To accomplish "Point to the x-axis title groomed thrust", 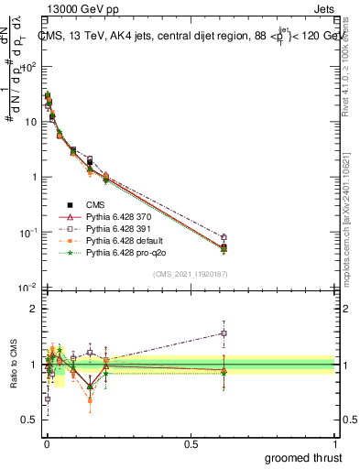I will click(305, 457).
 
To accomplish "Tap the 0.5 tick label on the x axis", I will click(191, 444).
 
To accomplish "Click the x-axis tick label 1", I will click(336, 444).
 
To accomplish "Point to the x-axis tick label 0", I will click(46, 444).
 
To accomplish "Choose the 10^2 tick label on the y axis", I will click(27, 66).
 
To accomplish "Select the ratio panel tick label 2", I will click(32, 309).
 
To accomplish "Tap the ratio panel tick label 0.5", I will click(28, 420).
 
